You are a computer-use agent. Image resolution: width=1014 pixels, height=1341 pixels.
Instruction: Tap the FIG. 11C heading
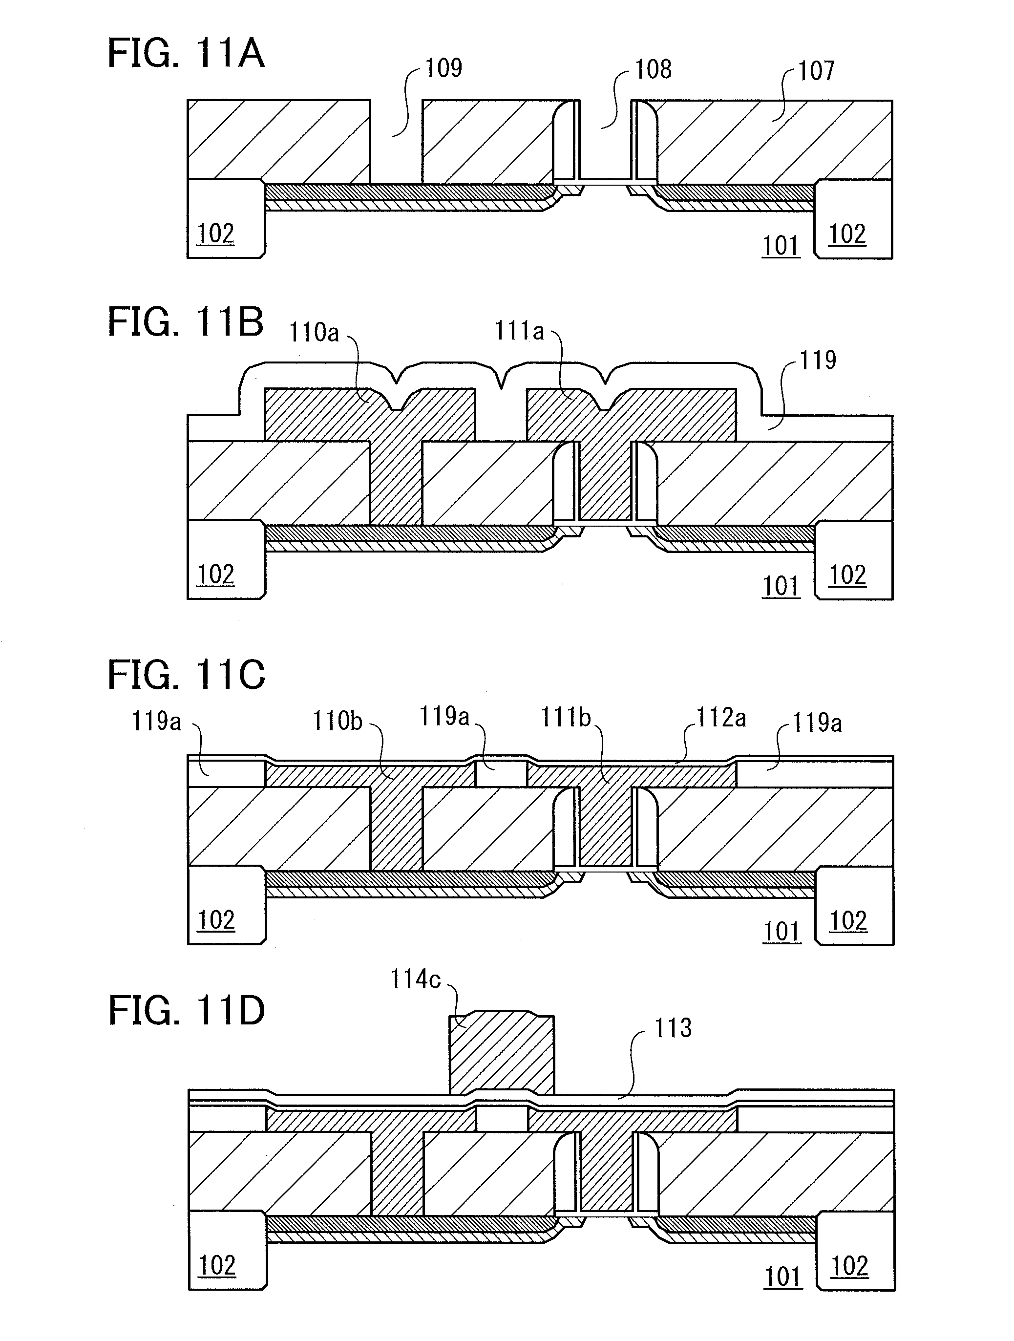point(187,675)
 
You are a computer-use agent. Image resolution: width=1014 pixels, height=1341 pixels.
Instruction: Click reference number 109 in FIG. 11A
point(443,68)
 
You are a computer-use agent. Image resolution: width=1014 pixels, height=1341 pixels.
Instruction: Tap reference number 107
point(816,71)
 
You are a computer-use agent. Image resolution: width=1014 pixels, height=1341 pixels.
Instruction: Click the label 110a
point(314,332)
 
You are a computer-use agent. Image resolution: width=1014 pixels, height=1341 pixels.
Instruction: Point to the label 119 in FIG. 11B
point(818,360)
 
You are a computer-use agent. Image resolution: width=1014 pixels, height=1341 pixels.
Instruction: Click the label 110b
point(338,721)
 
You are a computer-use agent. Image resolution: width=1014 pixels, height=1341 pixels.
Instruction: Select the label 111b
point(566,718)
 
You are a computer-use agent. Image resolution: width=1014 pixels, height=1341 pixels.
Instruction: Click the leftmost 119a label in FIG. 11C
point(156,722)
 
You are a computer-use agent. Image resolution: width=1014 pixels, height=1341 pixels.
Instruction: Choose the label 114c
point(415,979)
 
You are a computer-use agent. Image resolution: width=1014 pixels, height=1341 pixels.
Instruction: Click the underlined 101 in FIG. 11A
point(781,246)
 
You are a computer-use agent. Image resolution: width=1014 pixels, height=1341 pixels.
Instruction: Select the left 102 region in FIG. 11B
point(226,559)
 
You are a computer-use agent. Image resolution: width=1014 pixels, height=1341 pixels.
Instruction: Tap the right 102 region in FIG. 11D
point(856,1251)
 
